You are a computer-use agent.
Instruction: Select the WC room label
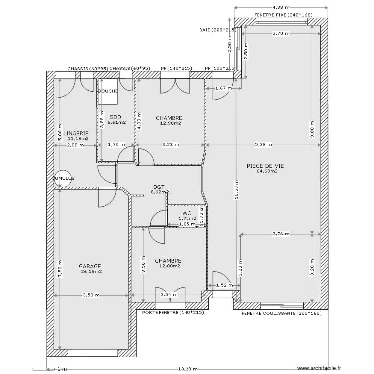click(187, 213)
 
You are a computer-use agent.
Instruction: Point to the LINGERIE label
click(76, 133)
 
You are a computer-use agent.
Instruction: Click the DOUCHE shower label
click(108, 91)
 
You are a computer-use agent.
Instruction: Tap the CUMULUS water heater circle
click(63, 178)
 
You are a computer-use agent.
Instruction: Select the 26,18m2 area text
click(91, 272)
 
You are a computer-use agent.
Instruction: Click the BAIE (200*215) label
click(217, 30)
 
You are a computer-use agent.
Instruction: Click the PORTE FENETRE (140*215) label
click(173, 312)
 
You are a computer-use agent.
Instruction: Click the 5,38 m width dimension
click(263, 145)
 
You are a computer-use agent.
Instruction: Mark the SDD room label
click(115, 117)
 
